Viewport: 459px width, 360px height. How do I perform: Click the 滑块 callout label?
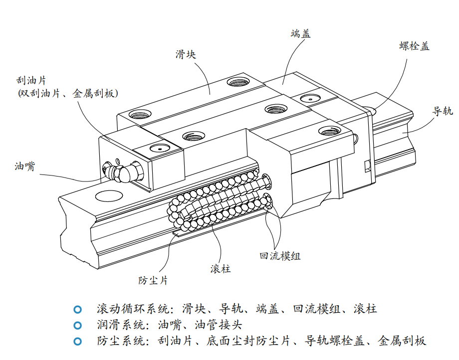pos(186,54)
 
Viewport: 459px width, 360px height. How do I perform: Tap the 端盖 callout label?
pos(300,34)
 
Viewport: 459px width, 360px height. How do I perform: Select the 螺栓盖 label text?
pos(414,46)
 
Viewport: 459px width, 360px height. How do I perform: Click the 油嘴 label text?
pos(24,167)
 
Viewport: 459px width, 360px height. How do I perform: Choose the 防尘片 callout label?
pos(153,280)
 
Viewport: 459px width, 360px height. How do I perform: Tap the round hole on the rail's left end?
pos(107,195)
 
